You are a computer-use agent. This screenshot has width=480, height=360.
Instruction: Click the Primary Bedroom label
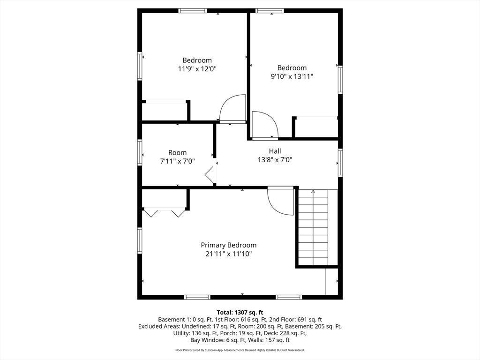(x=229, y=245)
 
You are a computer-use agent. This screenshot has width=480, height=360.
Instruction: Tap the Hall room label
(x=275, y=151)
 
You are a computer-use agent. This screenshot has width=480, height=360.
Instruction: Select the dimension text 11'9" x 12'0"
(x=197, y=69)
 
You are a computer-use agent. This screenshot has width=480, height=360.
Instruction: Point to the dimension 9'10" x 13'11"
(x=292, y=76)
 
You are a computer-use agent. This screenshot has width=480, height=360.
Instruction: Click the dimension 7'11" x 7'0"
(x=178, y=161)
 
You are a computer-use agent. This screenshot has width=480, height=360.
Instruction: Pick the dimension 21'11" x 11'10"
(x=229, y=254)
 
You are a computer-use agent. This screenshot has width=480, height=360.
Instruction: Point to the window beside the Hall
(x=340, y=163)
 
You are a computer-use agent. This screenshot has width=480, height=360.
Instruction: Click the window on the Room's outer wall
(x=140, y=152)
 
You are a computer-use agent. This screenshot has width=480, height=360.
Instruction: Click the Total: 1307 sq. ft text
(x=240, y=313)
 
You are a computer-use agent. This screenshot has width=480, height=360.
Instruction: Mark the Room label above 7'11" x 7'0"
(x=178, y=152)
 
